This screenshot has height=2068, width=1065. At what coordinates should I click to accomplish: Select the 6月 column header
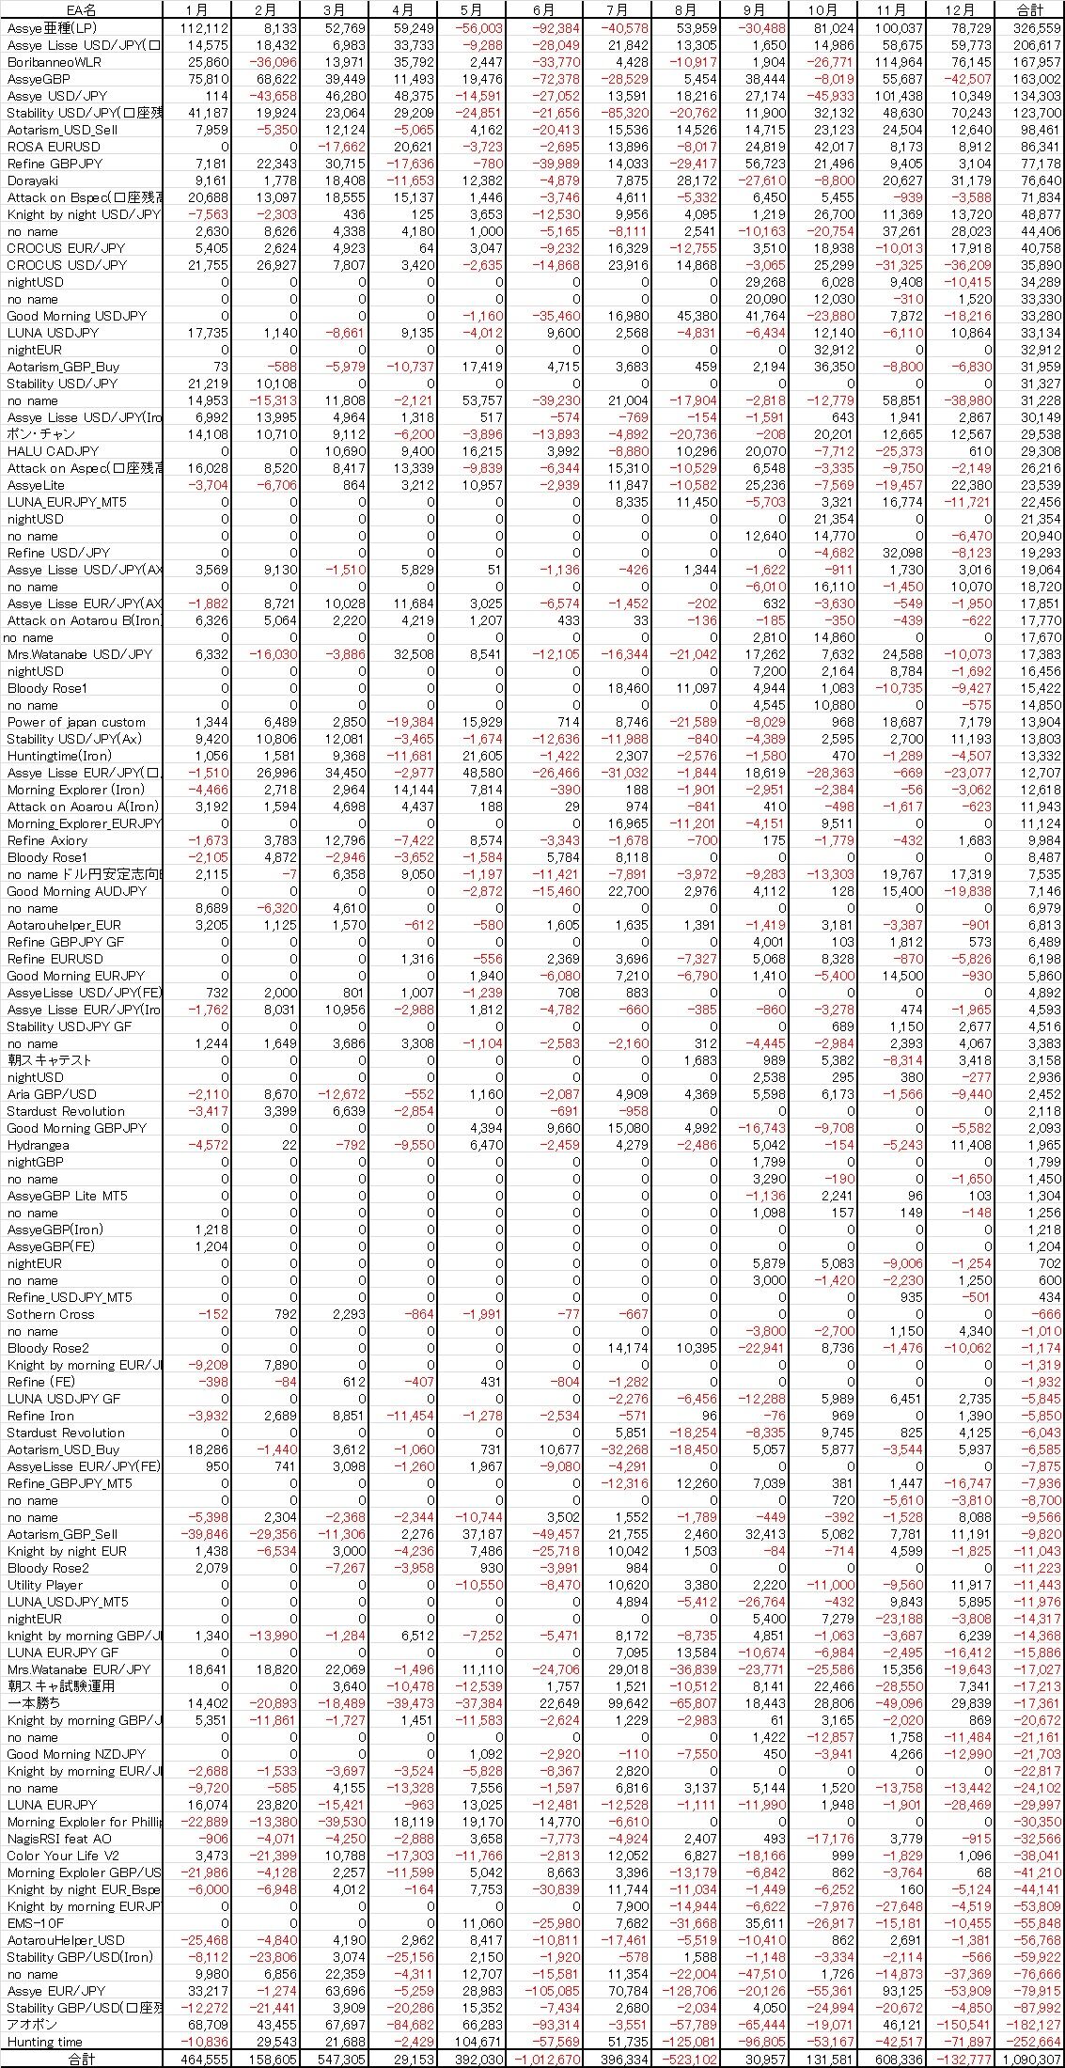click(543, 10)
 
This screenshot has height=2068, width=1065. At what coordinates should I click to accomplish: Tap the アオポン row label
click(32, 2025)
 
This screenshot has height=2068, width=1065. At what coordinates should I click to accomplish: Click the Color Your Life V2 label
click(63, 1856)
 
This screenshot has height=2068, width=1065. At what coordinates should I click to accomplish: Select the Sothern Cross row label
click(51, 1314)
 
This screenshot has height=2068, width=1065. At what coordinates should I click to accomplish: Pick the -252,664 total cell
click(1034, 2042)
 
